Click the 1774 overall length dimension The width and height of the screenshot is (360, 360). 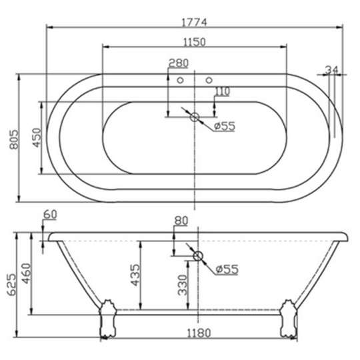[x=194, y=21]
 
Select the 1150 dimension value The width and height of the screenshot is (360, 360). [x=194, y=41]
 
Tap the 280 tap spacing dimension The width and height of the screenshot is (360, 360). [x=178, y=63]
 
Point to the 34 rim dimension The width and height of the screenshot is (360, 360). [x=334, y=71]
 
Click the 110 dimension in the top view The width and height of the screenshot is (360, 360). [x=222, y=91]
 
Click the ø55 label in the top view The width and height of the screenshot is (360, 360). [x=225, y=127]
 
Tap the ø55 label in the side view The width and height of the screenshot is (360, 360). [x=227, y=269]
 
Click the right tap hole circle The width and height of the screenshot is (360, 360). [x=209, y=81]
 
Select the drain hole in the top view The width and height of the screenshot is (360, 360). [x=195, y=118]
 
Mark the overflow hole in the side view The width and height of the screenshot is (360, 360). [x=198, y=256]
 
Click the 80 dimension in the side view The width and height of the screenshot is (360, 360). [x=181, y=221]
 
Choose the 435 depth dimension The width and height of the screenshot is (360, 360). [x=135, y=275]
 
